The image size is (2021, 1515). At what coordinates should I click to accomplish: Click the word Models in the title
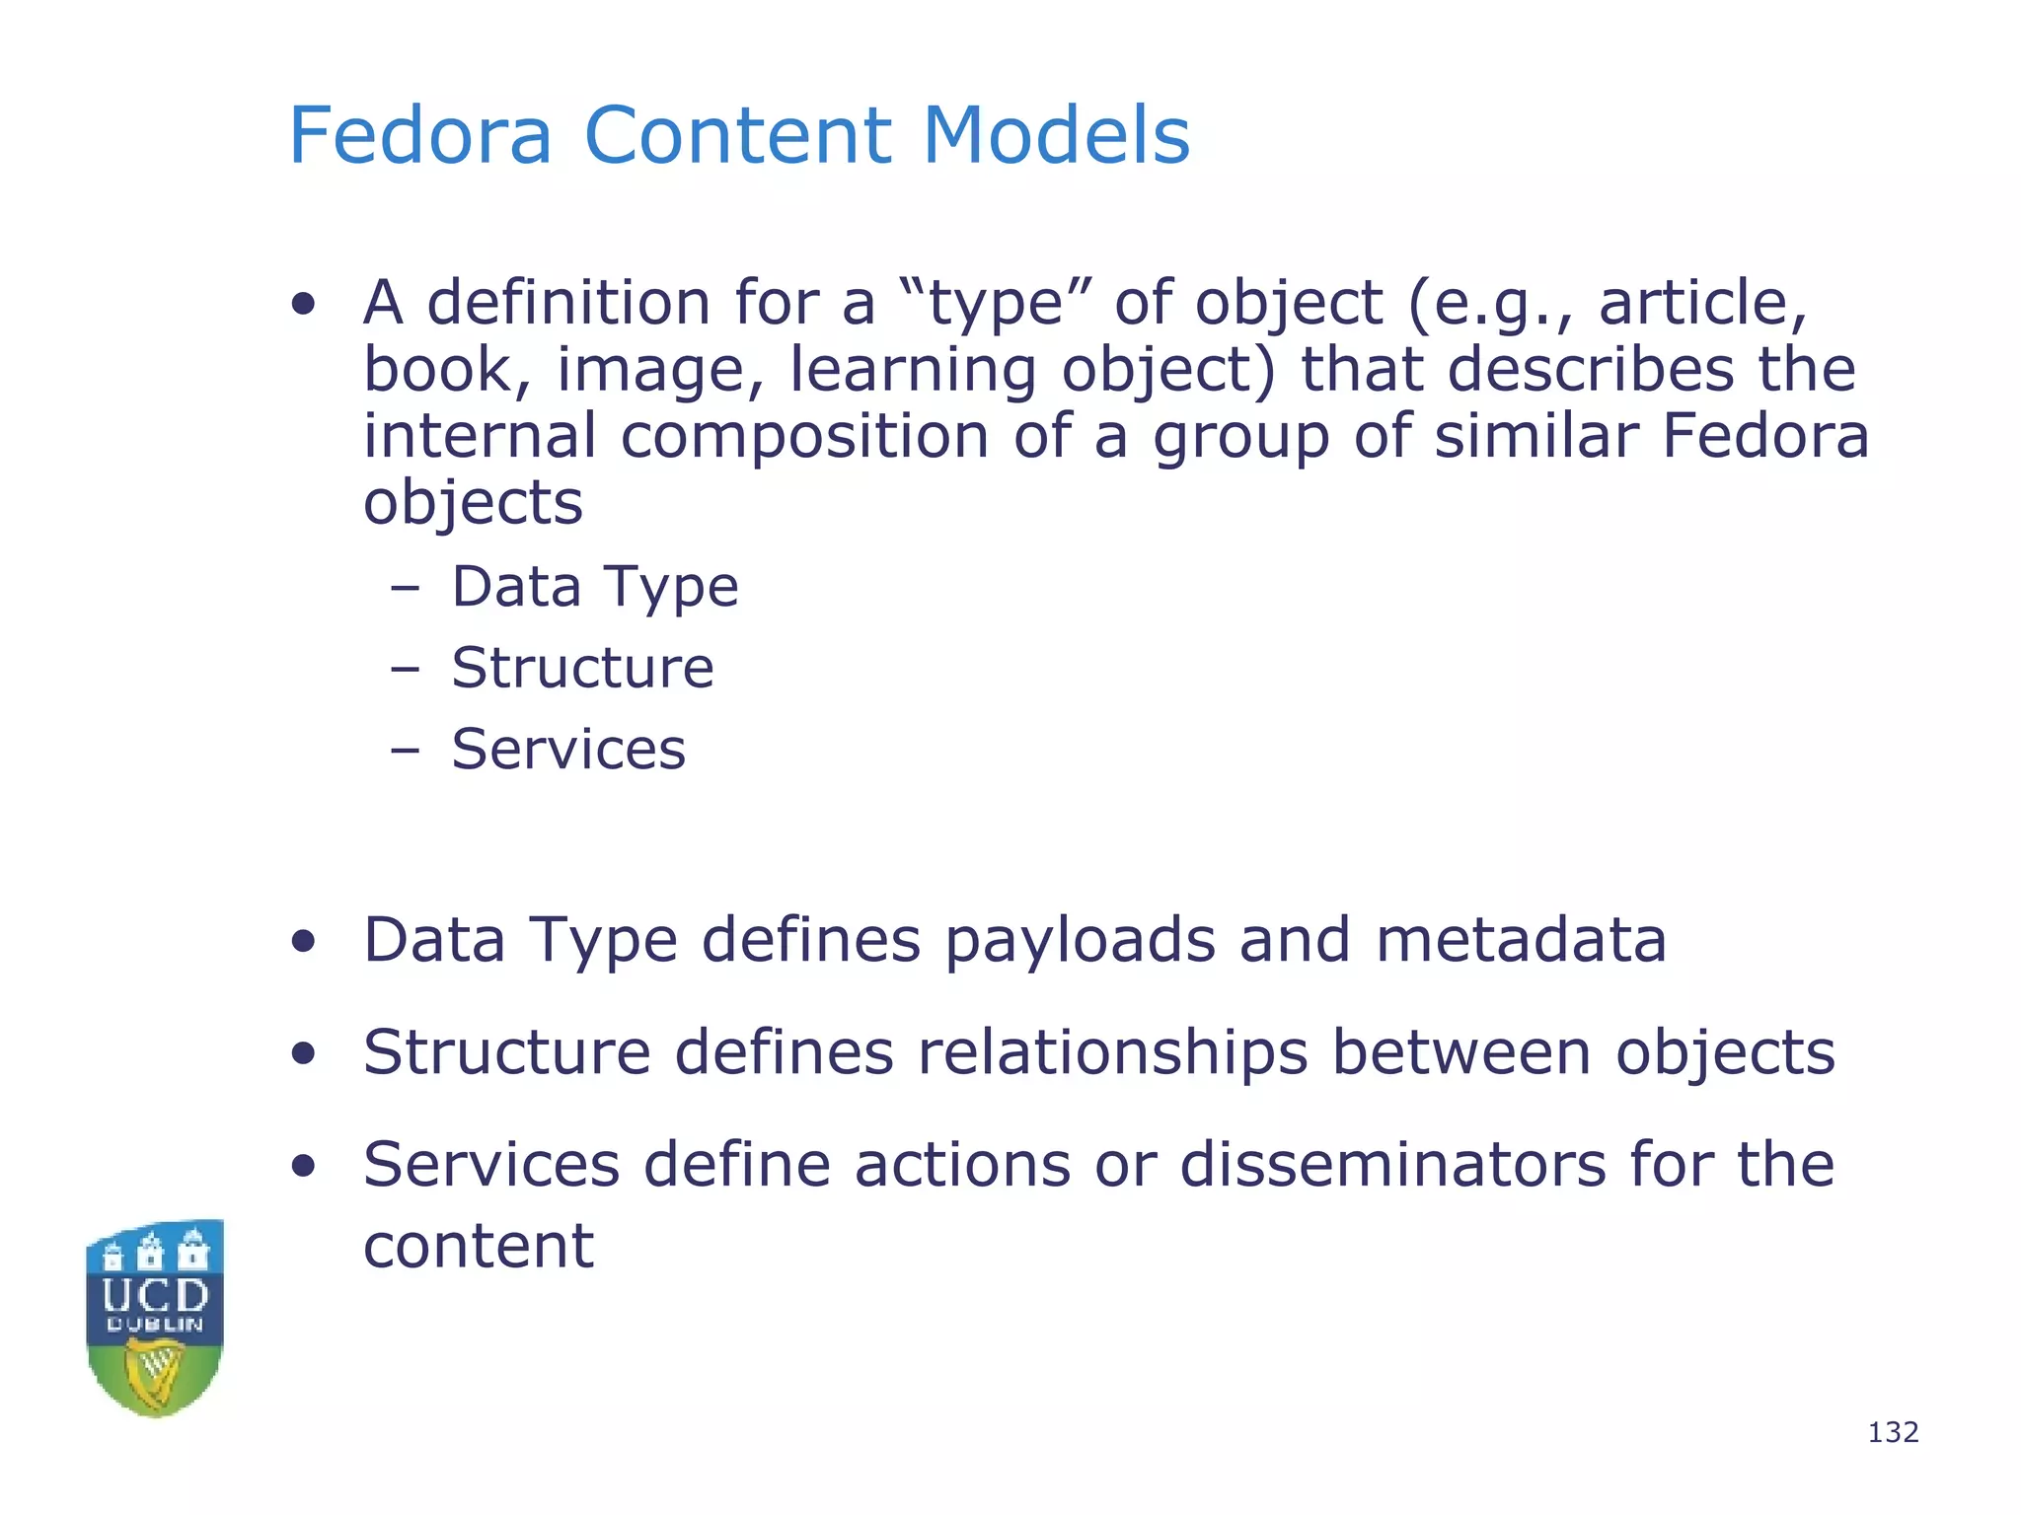pos(1056,135)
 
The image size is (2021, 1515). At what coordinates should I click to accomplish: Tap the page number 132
pos(1893,1432)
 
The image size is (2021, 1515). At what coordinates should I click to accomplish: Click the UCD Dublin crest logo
pos(155,1318)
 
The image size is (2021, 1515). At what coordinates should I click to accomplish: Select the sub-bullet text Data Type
pos(595,587)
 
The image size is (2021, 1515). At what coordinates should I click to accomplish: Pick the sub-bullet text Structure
pos(582,668)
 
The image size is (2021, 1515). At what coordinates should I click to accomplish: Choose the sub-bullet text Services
pos(568,749)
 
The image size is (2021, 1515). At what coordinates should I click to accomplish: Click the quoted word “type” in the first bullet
pos(996,303)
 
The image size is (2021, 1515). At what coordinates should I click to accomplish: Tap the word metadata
pos(1521,940)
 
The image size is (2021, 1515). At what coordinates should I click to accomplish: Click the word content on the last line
pos(479,1246)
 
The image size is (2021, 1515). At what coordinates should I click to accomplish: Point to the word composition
pos(804,436)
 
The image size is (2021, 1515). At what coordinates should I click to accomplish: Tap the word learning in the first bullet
pos(913,371)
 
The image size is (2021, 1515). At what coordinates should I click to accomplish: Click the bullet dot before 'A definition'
pos(304,305)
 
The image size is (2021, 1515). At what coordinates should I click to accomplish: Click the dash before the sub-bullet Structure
pos(405,670)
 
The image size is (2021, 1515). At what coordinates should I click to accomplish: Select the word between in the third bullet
pos(1461,1052)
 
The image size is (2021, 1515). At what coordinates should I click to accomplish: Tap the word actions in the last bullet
pos(962,1165)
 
